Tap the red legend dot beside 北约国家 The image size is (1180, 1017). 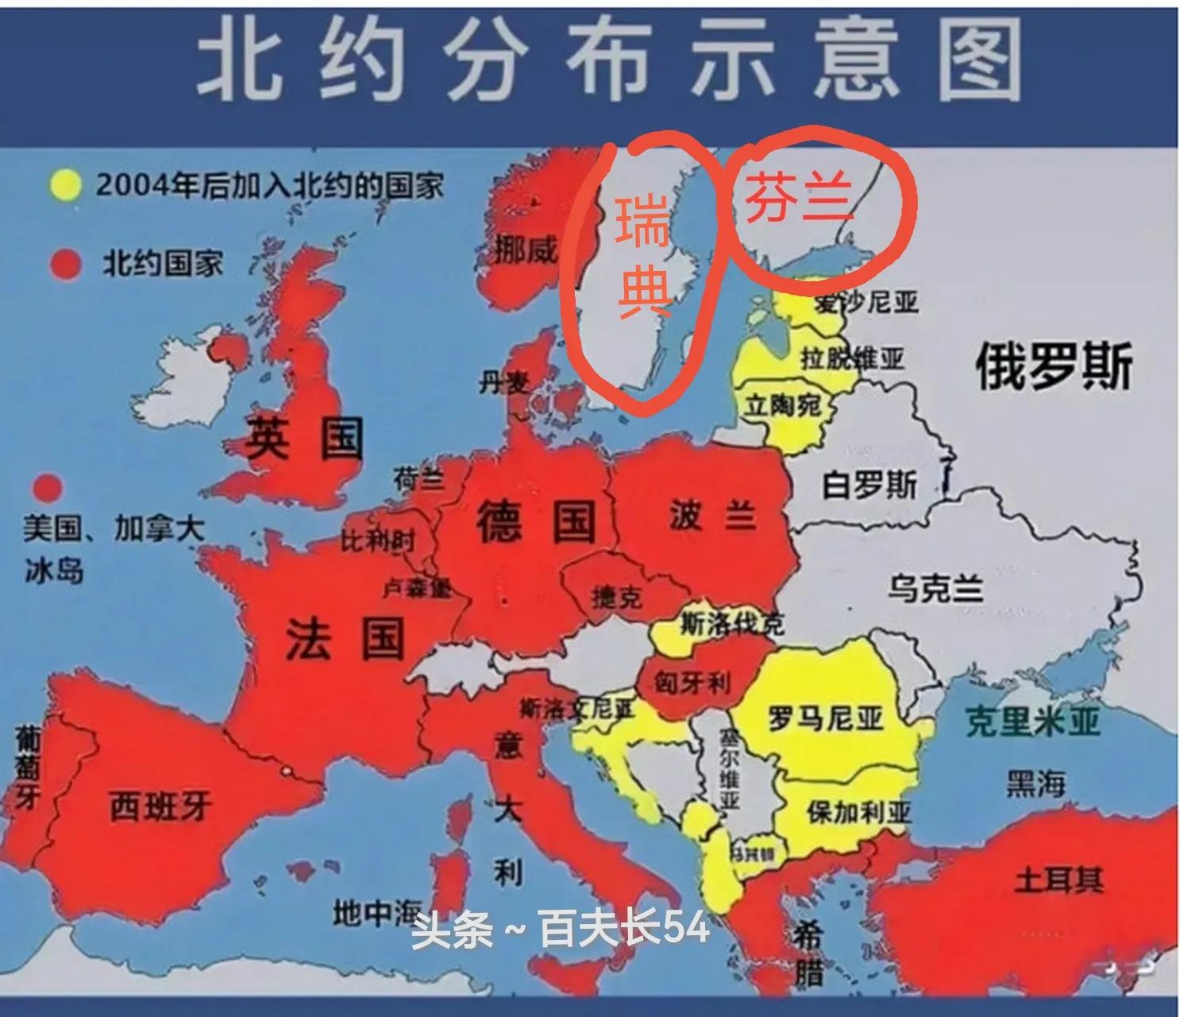click(x=65, y=264)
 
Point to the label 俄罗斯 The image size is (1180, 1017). click(x=1053, y=368)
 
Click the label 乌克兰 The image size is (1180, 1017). click(x=935, y=590)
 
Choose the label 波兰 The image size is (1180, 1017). click(x=712, y=516)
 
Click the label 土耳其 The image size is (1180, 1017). click(x=1059, y=880)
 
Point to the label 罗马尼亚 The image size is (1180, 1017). click(x=826, y=719)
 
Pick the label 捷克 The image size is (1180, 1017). click(x=617, y=596)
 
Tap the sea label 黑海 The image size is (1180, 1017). click(x=1035, y=784)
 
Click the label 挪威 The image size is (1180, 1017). click(x=526, y=250)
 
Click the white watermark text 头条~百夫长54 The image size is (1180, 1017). click(x=560, y=927)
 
